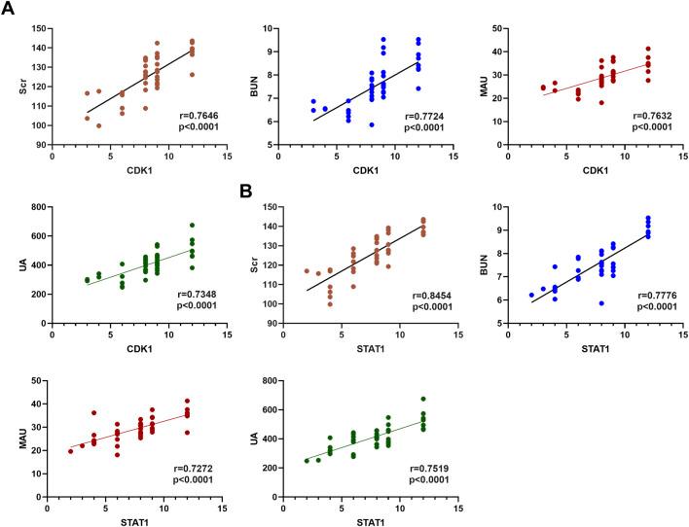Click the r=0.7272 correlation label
coord(188,472)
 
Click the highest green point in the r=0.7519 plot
coord(422,399)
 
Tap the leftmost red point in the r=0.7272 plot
coord(70,451)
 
